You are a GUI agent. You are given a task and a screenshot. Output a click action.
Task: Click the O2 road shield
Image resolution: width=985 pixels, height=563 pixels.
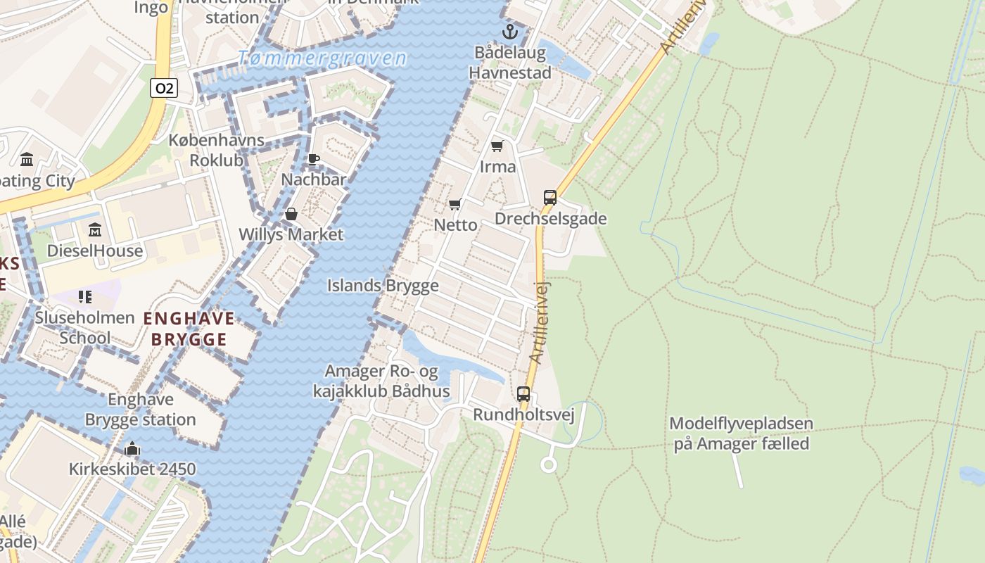point(163,88)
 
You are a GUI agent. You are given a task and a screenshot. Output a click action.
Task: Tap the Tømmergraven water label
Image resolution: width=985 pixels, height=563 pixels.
point(322,58)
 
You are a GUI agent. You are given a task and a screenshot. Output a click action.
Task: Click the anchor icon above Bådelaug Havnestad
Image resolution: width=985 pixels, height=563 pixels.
point(509,32)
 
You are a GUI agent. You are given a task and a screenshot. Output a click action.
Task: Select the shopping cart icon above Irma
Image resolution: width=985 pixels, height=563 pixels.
point(497,146)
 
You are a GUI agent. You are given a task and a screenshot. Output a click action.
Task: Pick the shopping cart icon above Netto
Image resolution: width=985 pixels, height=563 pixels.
point(455,205)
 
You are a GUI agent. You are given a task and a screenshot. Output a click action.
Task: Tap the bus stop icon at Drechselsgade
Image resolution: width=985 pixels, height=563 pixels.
point(550,198)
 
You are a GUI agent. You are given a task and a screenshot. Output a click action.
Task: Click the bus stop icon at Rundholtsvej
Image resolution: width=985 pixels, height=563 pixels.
point(523,394)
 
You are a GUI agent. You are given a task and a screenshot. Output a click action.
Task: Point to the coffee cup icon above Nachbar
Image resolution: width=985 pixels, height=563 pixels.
point(314,160)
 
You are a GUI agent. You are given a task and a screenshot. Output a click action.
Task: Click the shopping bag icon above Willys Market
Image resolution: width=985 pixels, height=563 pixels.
point(291,214)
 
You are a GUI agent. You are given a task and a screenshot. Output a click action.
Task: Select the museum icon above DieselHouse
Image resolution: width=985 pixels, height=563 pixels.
point(95,230)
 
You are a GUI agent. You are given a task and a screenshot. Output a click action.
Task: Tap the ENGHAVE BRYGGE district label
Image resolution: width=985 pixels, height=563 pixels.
point(189,329)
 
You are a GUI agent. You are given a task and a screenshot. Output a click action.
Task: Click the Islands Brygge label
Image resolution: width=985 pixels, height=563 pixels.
point(383,286)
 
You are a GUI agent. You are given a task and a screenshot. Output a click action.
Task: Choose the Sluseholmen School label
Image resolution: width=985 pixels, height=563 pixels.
point(84,327)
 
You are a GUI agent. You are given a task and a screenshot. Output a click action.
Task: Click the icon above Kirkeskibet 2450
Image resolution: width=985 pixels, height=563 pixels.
point(132,449)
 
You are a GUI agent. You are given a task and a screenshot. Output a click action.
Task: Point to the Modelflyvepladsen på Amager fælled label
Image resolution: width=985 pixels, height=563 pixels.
point(741,434)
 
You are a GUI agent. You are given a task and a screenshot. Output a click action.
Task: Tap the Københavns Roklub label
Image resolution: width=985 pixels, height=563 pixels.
point(216,150)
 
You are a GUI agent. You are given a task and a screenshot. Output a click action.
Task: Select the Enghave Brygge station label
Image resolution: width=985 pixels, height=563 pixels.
point(140,410)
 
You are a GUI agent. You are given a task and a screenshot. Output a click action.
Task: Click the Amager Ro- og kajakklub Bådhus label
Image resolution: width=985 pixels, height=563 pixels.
point(381,381)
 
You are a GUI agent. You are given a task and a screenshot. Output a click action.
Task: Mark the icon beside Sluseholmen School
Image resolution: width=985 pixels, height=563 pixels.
point(85,297)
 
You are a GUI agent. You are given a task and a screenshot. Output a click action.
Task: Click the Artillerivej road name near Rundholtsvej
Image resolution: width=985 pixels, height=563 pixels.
point(540,322)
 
